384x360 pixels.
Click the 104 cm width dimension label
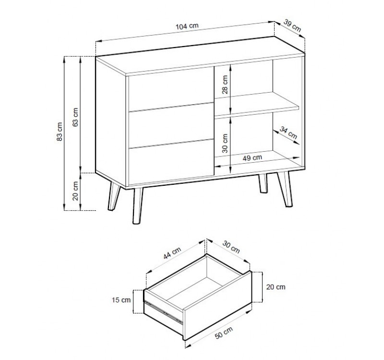tap(187, 26)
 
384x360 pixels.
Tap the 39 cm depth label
tap(292, 25)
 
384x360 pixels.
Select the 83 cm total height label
tap(60, 132)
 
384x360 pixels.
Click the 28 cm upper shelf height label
tap(225, 84)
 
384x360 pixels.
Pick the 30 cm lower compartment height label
tap(225, 143)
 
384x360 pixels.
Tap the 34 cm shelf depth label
tap(288, 132)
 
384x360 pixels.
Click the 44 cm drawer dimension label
tap(172, 253)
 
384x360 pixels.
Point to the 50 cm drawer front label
tap(224, 333)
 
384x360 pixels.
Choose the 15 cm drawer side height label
tap(121, 300)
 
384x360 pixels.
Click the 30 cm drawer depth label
tap(231, 247)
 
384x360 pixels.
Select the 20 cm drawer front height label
tap(276, 287)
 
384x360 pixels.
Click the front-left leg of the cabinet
tap(137, 206)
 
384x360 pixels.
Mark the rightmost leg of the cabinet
tap(285, 189)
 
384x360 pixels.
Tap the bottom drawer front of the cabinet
tap(171, 162)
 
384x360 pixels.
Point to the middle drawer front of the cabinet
tap(171, 126)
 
